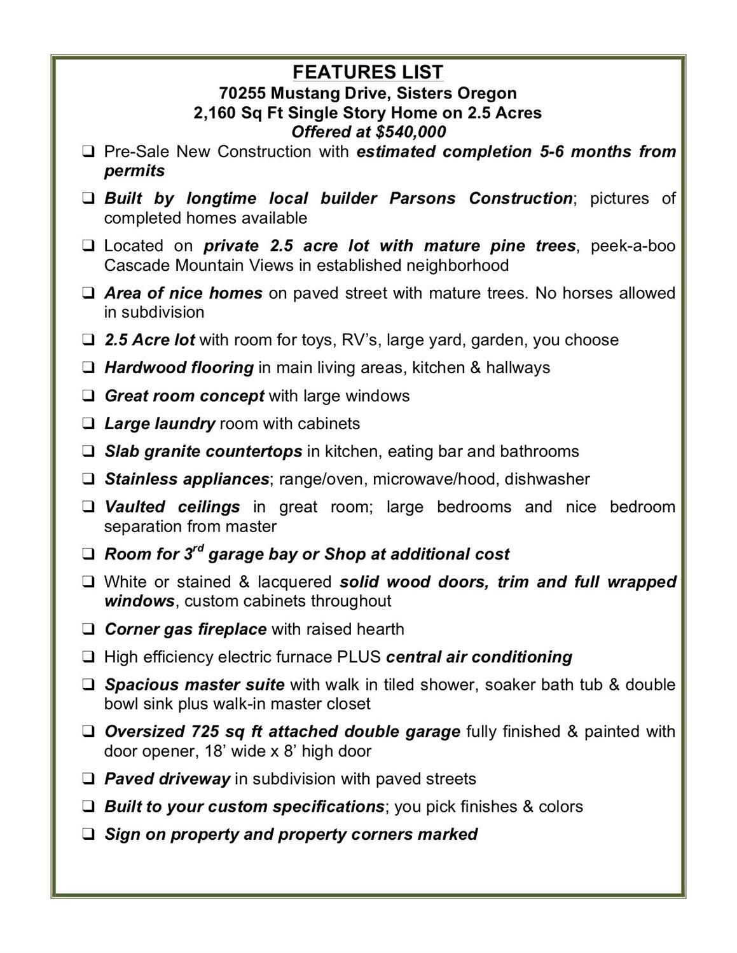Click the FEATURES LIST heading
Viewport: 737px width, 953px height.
pos(368,72)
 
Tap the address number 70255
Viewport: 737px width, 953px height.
pos(242,93)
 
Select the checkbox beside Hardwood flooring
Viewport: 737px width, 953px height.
pos(89,368)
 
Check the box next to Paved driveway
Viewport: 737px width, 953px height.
pos(89,779)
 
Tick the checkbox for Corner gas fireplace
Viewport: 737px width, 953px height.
pos(89,629)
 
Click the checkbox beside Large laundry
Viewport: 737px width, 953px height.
pos(89,424)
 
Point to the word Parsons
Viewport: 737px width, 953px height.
pos(422,198)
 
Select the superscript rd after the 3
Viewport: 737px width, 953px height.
pos(198,548)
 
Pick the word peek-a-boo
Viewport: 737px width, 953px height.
pos(633,246)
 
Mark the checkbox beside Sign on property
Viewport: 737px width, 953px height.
pos(89,835)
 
